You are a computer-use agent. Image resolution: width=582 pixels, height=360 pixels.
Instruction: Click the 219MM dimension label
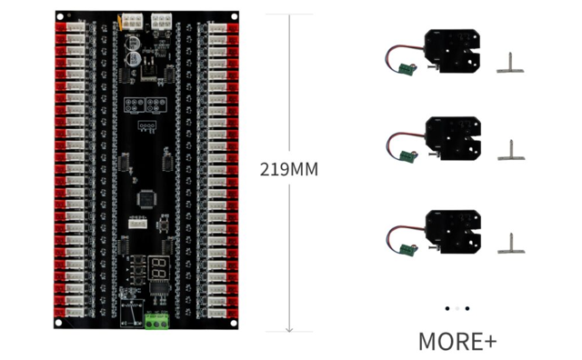289,169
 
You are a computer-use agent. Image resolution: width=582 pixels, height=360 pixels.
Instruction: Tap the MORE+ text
457,342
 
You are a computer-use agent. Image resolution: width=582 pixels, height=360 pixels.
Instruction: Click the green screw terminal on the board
157,321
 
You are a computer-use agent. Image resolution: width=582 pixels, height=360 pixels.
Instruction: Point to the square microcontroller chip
145,197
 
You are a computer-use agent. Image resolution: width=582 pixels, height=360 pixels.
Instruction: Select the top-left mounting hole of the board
61,16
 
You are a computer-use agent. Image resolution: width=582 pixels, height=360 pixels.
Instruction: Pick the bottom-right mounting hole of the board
232,323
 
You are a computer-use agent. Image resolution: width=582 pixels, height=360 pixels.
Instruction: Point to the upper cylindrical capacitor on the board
134,41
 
